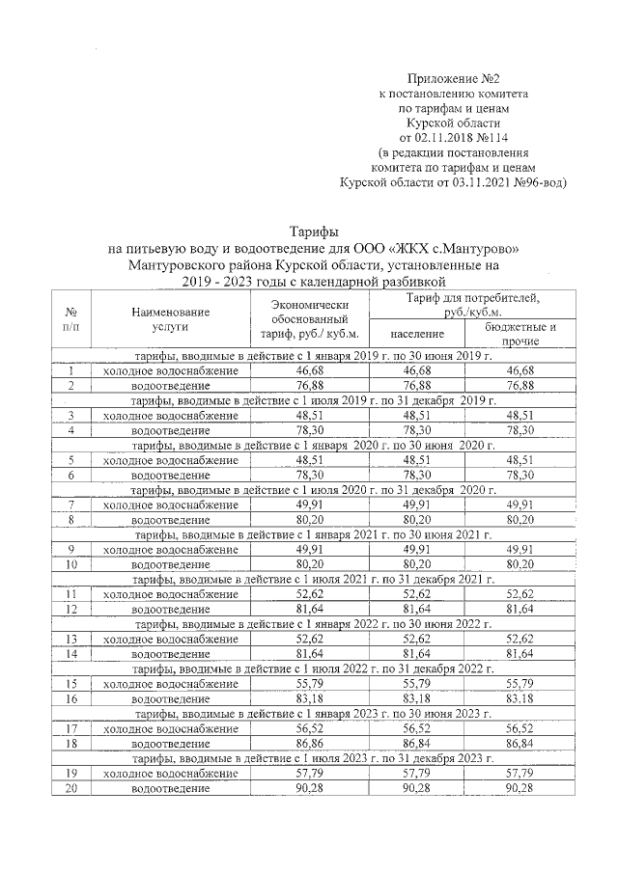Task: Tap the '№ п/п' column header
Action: pos(71,320)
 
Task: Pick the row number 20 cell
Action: pos(71,788)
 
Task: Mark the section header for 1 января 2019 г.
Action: pos(314,357)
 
